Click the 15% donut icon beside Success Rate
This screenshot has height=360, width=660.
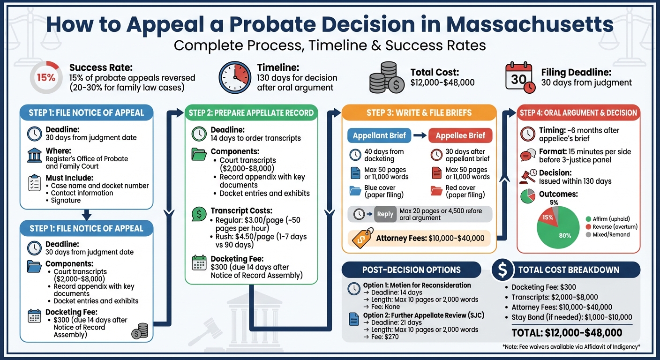(45, 78)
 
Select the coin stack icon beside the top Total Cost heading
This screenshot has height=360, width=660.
(386, 77)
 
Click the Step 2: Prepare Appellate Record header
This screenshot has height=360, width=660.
(251, 112)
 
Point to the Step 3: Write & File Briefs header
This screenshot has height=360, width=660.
(419, 112)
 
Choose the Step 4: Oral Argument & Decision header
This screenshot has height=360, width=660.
(578, 112)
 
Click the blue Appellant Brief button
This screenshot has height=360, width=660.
(379, 136)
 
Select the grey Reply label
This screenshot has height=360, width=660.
(385, 214)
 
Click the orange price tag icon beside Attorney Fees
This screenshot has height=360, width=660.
(362, 237)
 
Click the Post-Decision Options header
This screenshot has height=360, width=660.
(411, 270)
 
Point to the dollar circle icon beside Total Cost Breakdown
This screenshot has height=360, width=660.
(502, 270)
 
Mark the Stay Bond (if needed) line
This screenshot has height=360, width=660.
(571, 317)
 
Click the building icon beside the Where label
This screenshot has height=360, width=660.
(34, 155)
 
